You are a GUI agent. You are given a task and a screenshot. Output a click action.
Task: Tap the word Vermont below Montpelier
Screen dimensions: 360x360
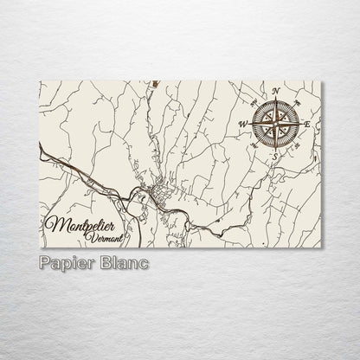(105, 238)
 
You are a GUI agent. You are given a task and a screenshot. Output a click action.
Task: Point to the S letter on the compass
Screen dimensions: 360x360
(276, 156)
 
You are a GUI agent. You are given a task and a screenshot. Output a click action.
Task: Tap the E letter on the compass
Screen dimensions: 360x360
(308, 124)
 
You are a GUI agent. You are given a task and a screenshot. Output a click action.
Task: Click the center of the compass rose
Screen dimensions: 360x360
(276, 124)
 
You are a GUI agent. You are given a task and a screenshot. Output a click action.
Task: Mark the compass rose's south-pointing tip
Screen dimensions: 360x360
(276, 149)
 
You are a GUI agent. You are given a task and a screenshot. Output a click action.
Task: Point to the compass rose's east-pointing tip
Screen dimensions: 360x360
(301, 124)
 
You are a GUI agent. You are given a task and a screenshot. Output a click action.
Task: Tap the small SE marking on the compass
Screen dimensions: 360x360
(298, 145)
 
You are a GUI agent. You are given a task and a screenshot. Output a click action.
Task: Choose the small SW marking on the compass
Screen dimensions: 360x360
(254, 145)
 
